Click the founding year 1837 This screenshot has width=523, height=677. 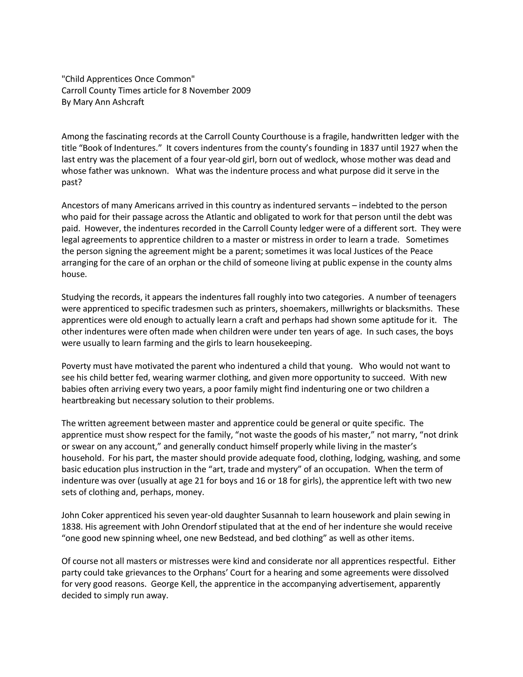(x=370, y=148)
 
